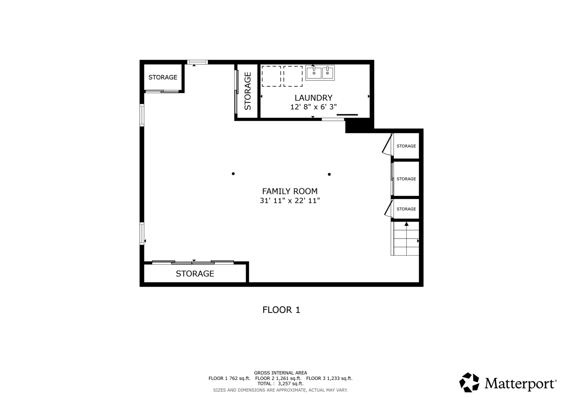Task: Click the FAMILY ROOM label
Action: [x=289, y=191]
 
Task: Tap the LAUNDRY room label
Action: [x=313, y=98]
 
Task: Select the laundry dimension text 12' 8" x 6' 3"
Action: [x=313, y=107]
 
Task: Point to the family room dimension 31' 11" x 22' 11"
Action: [x=289, y=201]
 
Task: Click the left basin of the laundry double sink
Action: [x=314, y=73]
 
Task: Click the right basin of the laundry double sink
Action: [x=328, y=73]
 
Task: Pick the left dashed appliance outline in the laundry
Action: [x=271, y=76]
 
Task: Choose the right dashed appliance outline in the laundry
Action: [x=293, y=76]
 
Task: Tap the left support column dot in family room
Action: [x=233, y=174]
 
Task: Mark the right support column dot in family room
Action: [x=329, y=174]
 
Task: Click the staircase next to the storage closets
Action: [x=406, y=239]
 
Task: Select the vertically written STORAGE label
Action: [x=248, y=91]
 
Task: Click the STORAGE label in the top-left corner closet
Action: [x=163, y=77]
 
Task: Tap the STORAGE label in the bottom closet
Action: [x=195, y=274]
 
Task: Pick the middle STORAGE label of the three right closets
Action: [x=406, y=179]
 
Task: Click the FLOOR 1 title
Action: [x=281, y=310]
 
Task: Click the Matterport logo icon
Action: [x=469, y=382]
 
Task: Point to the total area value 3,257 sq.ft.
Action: [x=291, y=384]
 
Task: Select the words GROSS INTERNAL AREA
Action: [x=280, y=373]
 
